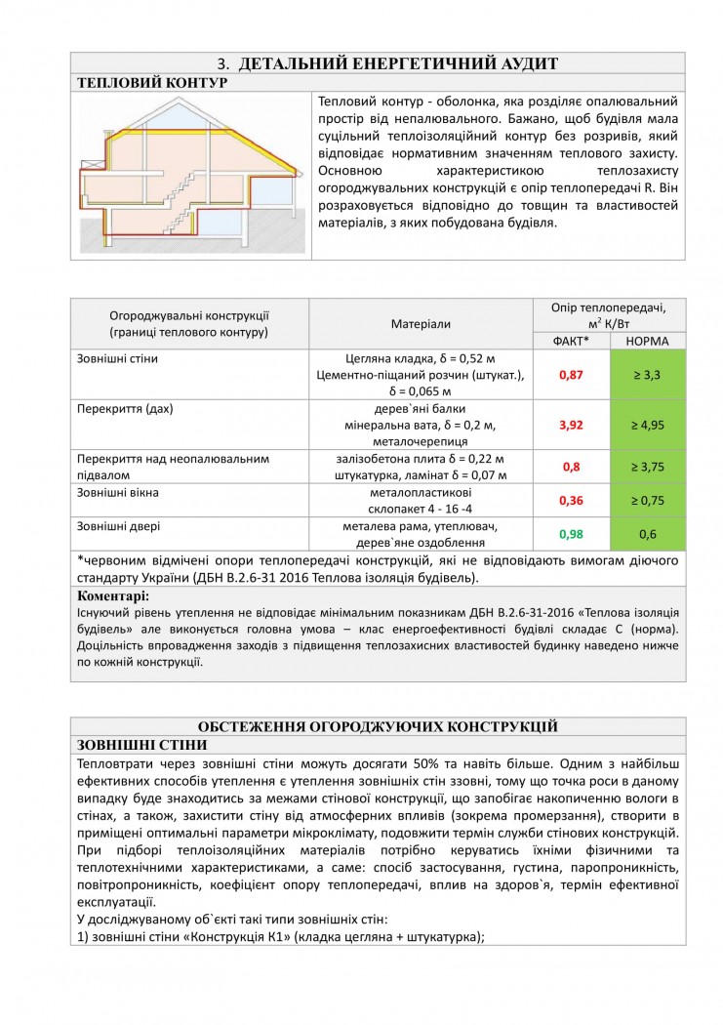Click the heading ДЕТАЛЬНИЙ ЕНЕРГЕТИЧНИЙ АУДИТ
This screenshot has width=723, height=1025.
coord(397,63)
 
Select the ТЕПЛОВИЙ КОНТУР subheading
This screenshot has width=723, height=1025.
coord(151,83)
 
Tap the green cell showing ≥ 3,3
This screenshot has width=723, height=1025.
coord(647,375)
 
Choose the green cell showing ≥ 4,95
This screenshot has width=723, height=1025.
coord(647,426)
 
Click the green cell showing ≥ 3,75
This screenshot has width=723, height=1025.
coord(647,467)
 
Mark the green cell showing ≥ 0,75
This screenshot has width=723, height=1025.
coord(647,501)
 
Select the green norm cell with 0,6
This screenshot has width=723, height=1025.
coord(647,534)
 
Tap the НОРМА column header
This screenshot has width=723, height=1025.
coord(647,341)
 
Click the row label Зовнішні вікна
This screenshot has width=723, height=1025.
coord(118,493)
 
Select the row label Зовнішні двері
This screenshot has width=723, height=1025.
coord(118,526)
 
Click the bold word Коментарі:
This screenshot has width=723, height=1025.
coord(113,595)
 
